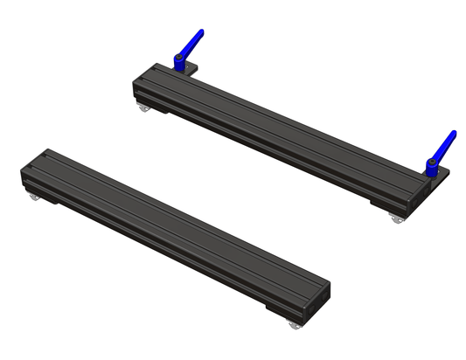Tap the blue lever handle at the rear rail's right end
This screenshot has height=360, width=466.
(446, 142)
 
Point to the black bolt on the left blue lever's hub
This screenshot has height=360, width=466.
(178, 59)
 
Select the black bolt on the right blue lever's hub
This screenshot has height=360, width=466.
(431, 163)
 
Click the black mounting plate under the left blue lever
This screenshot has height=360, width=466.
(189, 69)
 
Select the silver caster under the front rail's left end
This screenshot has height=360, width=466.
(34, 202)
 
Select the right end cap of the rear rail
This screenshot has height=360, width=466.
(418, 191)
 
